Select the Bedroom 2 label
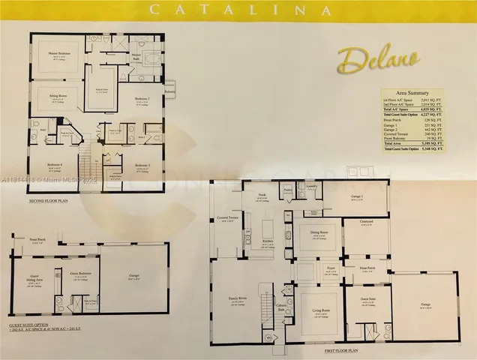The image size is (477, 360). pyautogui.click(x=141, y=99)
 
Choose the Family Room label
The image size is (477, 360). pyautogui.click(x=238, y=298)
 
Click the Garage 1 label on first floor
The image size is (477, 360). pyautogui.click(x=357, y=196)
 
